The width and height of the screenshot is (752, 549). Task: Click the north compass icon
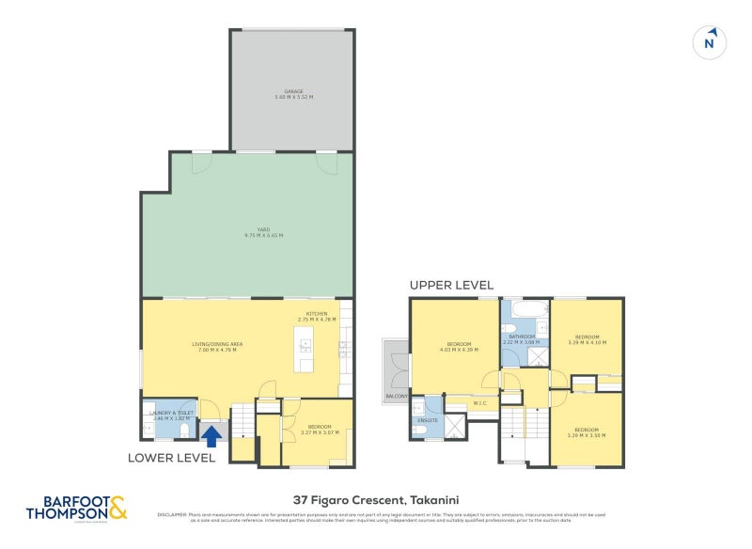(x=711, y=42)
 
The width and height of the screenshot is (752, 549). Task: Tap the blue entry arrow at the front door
(x=212, y=436)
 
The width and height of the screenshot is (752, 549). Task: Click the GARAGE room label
(x=293, y=94)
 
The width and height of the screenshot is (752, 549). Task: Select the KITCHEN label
(x=316, y=317)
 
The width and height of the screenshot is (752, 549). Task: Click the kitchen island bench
(x=305, y=354)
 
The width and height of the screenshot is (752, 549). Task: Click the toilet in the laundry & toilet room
(x=185, y=431)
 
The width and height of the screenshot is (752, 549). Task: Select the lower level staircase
(x=243, y=421)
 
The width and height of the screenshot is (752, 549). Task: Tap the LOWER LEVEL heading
(x=172, y=458)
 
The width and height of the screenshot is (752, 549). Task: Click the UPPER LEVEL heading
(x=451, y=285)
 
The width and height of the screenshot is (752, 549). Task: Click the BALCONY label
(x=395, y=397)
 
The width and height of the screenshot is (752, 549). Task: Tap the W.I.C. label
(x=479, y=404)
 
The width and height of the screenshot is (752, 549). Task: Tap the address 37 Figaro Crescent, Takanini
(x=376, y=500)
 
